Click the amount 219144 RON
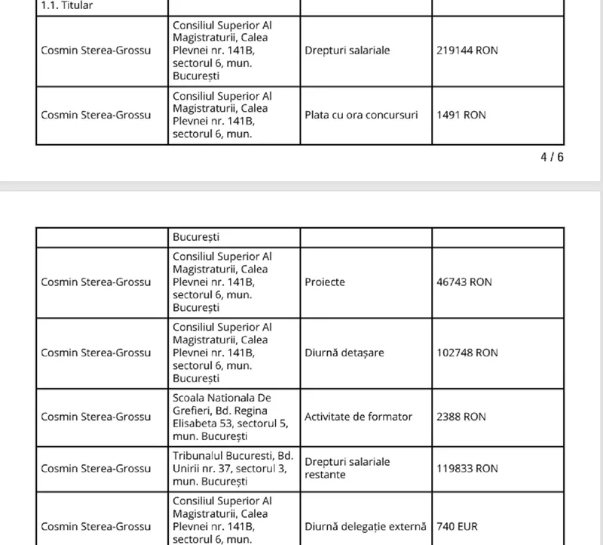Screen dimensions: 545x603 467,51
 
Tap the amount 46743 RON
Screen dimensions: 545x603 464,282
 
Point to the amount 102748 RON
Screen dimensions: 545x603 467,353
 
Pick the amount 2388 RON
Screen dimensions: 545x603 461,417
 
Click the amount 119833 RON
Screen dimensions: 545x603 467,468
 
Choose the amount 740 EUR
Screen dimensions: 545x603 459,525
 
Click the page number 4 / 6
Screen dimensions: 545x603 552,158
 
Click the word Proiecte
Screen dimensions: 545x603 325,282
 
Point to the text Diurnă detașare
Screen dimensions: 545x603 343,353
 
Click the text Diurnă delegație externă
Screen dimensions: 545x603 366,525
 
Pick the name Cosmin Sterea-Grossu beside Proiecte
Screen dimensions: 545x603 96,282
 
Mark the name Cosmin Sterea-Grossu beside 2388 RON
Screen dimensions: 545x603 96,417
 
